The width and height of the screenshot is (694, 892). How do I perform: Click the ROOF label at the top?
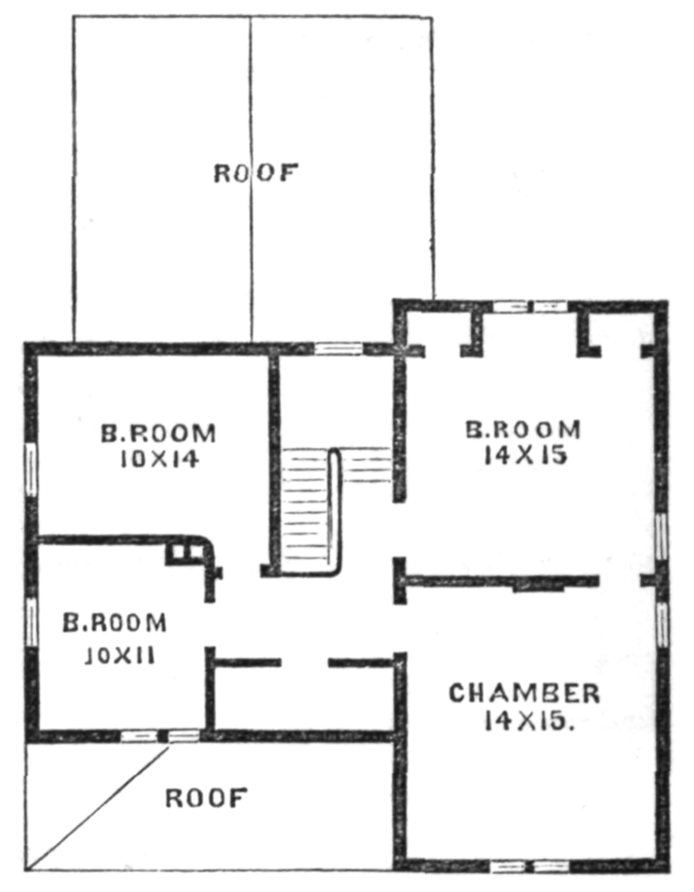click(x=255, y=173)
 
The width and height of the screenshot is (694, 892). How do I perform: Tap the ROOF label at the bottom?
click(x=207, y=799)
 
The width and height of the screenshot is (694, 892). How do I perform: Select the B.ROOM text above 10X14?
click(x=159, y=434)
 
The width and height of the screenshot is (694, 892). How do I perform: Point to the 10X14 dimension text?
click(x=159, y=459)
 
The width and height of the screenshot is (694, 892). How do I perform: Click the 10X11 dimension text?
click(x=120, y=657)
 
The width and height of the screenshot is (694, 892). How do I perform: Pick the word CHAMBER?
click(x=524, y=693)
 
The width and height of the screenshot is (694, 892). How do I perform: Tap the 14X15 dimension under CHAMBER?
click(x=527, y=721)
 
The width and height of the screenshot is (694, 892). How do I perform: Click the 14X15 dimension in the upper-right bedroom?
click(x=526, y=455)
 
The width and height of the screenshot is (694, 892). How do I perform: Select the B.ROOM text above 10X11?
click(x=114, y=623)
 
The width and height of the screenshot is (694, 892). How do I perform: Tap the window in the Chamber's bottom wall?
click(x=529, y=867)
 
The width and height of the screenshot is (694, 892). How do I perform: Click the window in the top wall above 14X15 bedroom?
click(x=530, y=306)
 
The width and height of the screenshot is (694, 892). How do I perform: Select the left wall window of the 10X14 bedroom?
click(x=31, y=469)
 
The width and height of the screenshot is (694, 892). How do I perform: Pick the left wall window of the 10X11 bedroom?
click(x=31, y=622)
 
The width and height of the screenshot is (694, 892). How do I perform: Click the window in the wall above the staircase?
click(x=339, y=349)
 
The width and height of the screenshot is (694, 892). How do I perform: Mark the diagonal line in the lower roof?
click(x=99, y=808)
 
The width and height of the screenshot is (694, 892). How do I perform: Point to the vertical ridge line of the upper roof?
click(x=251, y=179)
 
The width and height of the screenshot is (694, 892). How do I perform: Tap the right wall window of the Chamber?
click(x=661, y=624)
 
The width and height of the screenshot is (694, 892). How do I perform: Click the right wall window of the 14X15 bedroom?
click(x=661, y=536)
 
